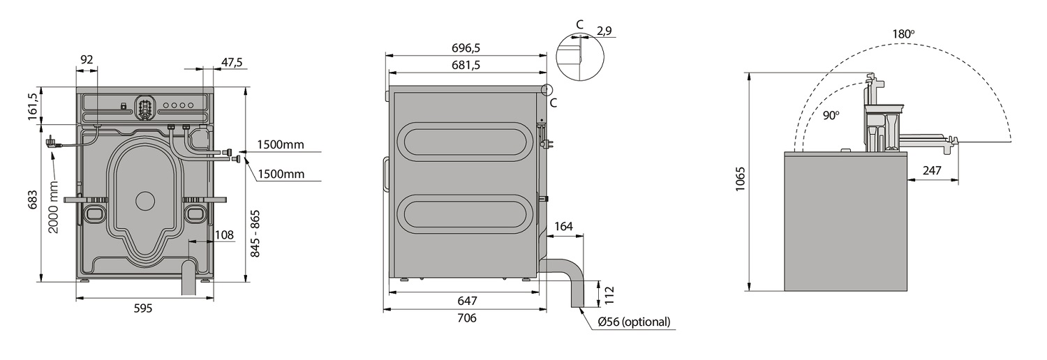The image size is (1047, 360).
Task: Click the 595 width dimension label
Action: [x=143, y=308]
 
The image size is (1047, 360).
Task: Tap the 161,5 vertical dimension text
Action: [x=32, y=107]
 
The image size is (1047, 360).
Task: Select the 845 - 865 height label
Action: [x=255, y=234]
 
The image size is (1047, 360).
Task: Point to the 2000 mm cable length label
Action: [x=53, y=207]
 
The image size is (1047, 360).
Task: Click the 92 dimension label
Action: [x=87, y=60]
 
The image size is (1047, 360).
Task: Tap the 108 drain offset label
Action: [x=224, y=234]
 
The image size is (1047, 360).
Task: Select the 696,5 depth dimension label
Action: [x=466, y=47]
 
